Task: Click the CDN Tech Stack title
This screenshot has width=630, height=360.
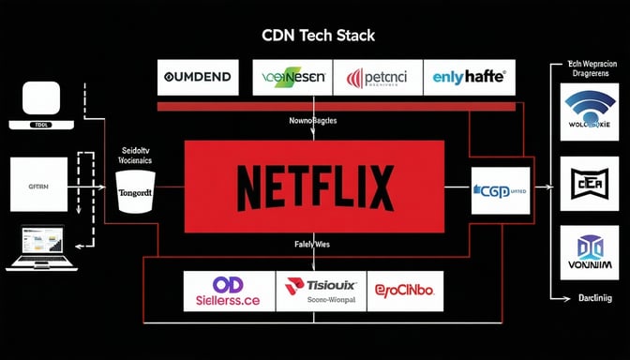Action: pyautogui.click(x=314, y=37)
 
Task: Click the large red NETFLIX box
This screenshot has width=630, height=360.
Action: pyautogui.click(x=314, y=186)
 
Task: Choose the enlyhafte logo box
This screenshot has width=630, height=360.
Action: pyautogui.click(x=469, y=77)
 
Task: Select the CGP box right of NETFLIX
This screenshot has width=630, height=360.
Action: pyautogui.click(x=500, y=190)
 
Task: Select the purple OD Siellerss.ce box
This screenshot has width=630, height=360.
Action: pyautogui.click(x=228, y=291)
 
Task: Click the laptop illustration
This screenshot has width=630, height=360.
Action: pyautogui.click(x=35, y=248)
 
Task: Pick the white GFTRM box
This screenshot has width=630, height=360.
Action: pyautogui.click(x=38, y=184)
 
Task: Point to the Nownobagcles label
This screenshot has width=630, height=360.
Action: pyautogui.click(x=314, y=122)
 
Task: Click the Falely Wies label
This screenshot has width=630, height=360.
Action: pyautogui.click(x=314, y=245)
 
